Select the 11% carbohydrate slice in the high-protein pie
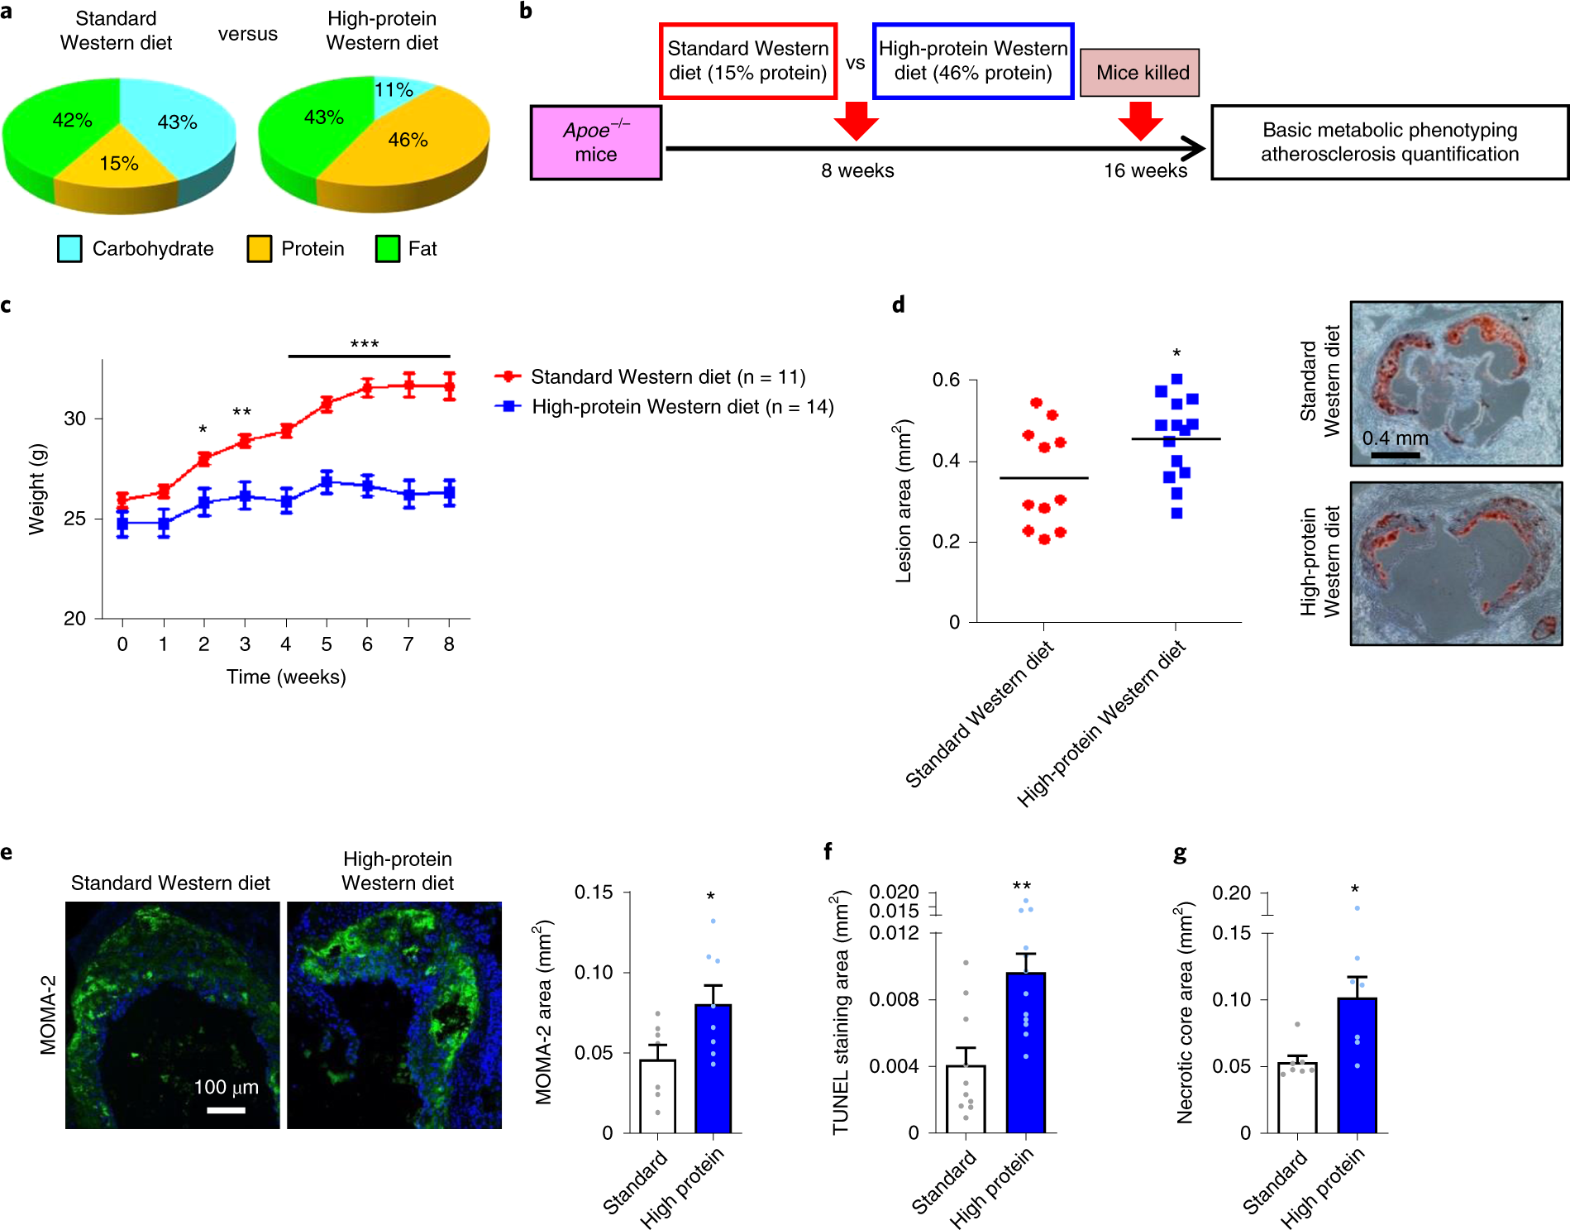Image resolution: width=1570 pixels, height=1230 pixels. (x=395, y=89)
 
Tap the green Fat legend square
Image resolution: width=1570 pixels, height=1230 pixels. (x=387, y=249)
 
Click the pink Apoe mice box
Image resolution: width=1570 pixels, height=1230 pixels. (x=595, y=142)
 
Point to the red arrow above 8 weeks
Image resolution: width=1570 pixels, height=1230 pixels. (x=856, y=121)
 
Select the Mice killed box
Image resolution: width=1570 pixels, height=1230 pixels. (x=1141, y=73)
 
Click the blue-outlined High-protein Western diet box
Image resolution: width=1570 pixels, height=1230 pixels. (x=972, y=61)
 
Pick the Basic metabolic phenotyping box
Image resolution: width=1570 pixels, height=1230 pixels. (x=1389, y=142)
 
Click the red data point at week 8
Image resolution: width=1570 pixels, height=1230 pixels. (x=449, y=386)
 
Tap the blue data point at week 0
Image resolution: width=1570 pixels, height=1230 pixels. (x=122, y=524)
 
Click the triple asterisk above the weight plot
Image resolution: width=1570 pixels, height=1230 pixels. (x=365, y=343)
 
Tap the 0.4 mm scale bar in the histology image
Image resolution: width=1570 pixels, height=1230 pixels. (x=1395, y=454)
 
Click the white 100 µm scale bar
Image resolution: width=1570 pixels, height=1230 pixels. (x=226, y=1110)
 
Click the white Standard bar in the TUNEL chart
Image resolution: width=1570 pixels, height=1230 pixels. (x=966, y=1099)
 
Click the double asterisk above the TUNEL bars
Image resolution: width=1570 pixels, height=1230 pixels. (x=1022, y=886)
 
